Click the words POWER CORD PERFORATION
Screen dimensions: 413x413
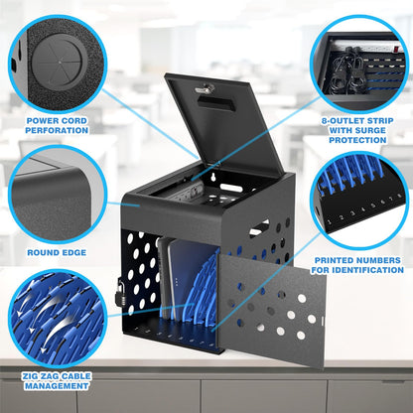click(57, 126)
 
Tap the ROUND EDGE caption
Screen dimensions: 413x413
click(57, 253)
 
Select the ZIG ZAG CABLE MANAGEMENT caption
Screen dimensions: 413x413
click(57, 381)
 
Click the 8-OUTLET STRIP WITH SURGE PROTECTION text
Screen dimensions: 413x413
click(357, 130)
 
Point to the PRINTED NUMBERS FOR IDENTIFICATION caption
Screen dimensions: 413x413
click(357, 265)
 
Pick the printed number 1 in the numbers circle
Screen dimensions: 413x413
click(329, 221)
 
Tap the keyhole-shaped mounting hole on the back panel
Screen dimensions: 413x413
click(215, 177)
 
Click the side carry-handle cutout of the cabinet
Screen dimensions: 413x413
click(259, 228)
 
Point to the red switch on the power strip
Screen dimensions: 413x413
click(396, 51)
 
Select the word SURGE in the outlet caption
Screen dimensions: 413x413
click(371, 130)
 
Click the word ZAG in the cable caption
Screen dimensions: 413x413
click(48, 376)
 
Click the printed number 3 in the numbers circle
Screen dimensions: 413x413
click(352, 213)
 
